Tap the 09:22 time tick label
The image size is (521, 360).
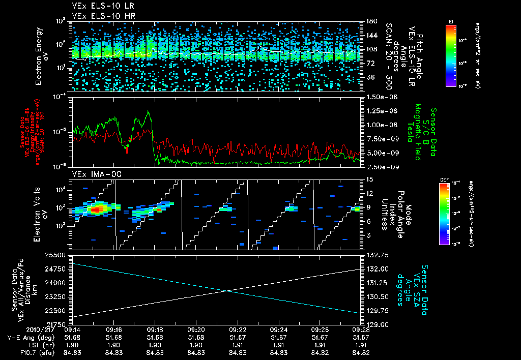click(238, 329)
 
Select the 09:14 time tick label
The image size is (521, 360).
click(73, 329)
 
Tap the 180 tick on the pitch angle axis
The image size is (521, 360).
click(371, 21)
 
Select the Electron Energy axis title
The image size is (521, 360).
click(40, 55)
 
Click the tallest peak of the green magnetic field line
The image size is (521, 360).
click(148, 111)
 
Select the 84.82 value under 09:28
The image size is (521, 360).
click(361, 352)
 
